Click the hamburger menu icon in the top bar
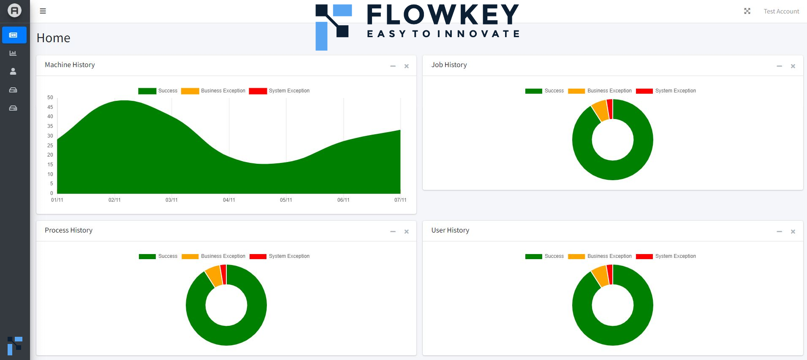coord(43,11)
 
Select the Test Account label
coord(781,11)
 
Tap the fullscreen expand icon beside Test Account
coord(747,11)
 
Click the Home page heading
coord(53,38)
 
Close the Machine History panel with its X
coord(406,66)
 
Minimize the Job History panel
coord(779,66)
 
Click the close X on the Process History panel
coord(406,232)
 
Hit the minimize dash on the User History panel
coord(779,232)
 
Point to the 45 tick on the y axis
coord(50,107)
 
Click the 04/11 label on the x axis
coord(229,200)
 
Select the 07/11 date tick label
coord(400,200)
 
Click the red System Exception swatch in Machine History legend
coord(258,91)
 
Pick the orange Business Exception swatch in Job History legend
coord(576,91)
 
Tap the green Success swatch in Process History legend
coord(147,256)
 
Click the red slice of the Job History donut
coord(610,109)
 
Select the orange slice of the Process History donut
coord(214,276)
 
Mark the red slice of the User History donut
coord(610,274)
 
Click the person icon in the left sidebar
coord(13,71)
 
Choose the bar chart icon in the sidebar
coord(13,53)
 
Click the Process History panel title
coord(68,230)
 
